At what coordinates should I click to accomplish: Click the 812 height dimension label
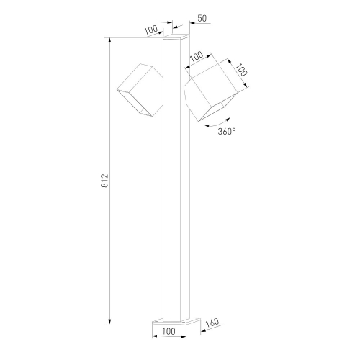104,181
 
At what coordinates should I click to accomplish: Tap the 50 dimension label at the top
202,18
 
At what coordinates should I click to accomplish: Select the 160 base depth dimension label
212,323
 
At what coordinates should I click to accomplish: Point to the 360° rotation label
227,131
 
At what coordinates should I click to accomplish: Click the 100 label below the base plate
169,331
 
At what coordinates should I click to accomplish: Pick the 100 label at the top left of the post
151,30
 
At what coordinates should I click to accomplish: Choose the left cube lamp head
140,90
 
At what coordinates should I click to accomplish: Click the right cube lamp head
210,90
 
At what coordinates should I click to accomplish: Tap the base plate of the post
176,321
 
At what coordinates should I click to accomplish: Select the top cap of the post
176,37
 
